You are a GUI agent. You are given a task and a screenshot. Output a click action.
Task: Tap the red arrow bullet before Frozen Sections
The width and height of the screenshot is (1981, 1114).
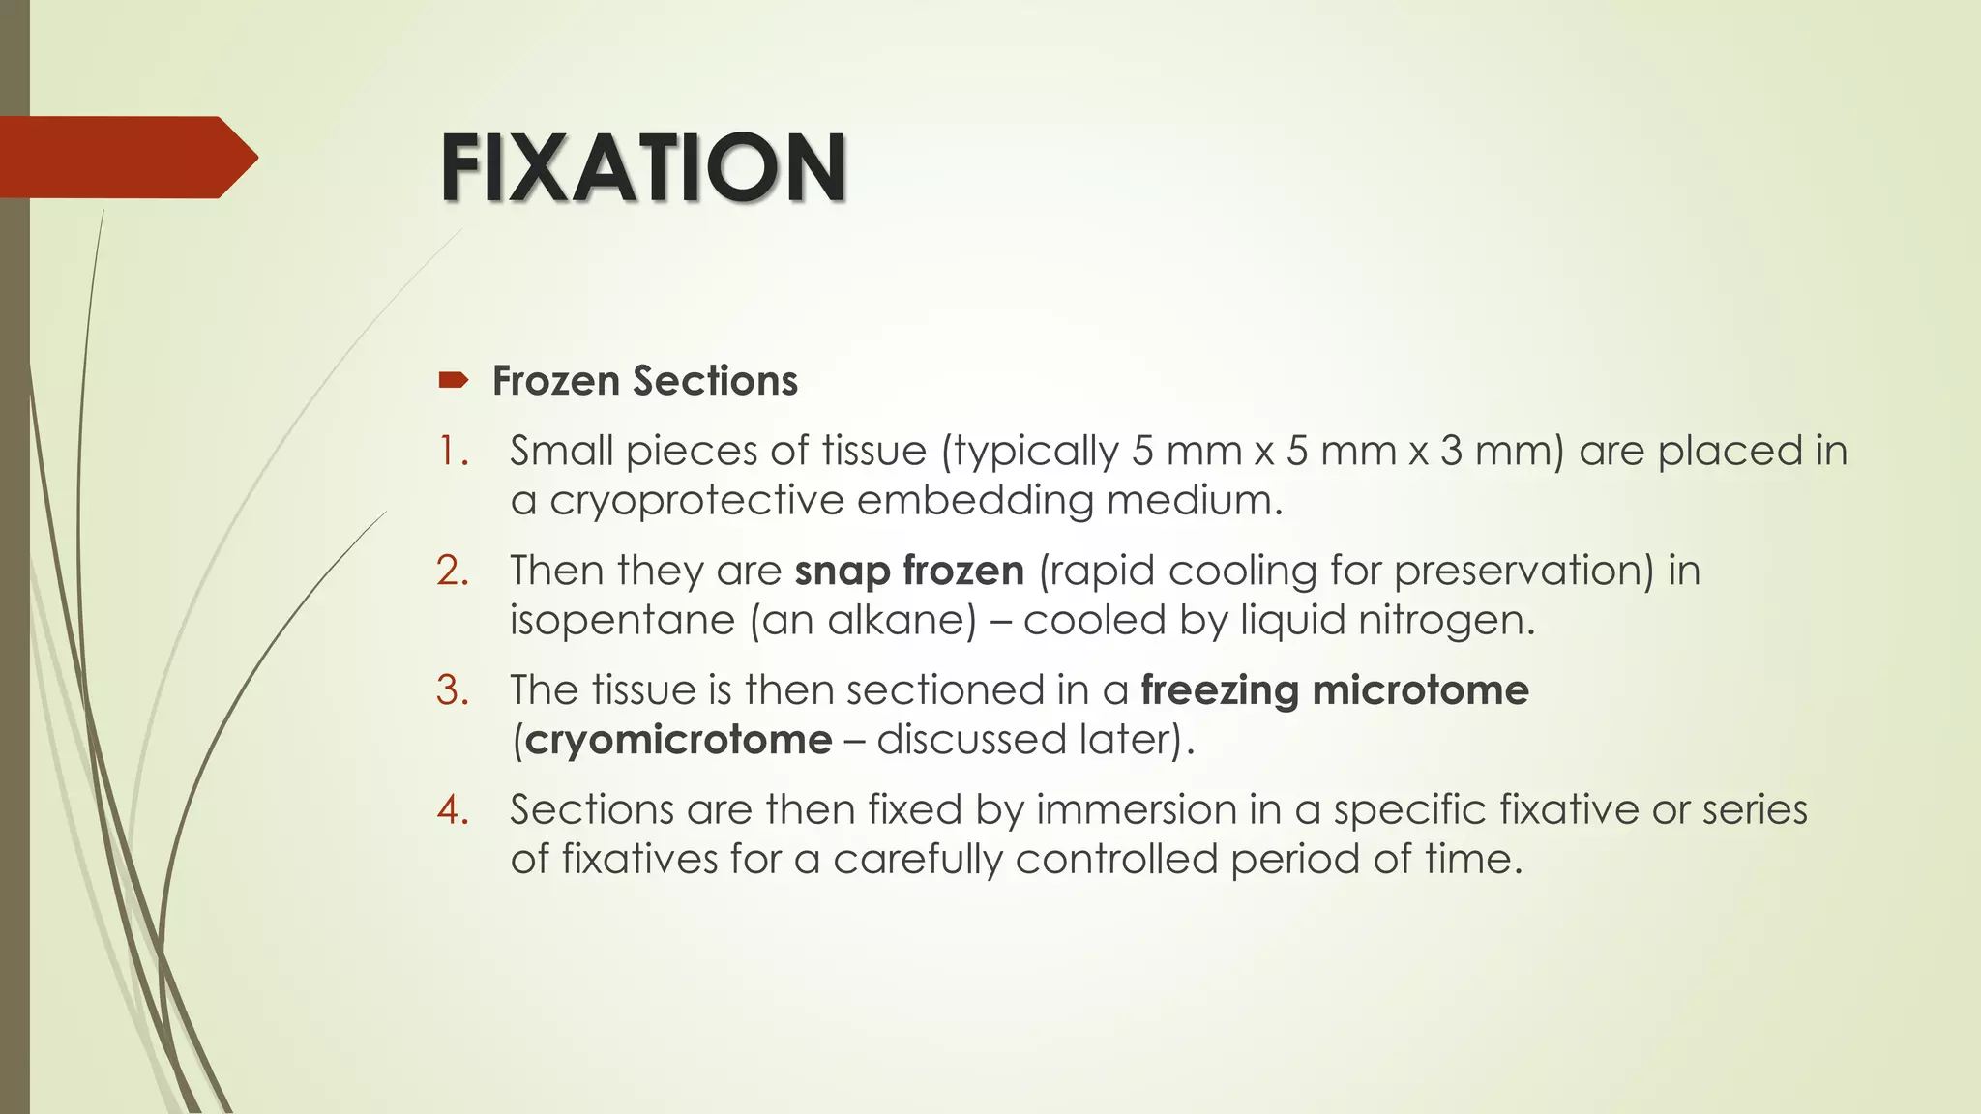453,380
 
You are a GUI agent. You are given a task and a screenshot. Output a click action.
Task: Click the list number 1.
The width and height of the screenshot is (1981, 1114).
453,452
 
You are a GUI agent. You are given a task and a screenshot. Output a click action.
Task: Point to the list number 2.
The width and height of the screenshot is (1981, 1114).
453,571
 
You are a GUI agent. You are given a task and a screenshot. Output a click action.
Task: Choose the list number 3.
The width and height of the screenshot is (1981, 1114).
453,690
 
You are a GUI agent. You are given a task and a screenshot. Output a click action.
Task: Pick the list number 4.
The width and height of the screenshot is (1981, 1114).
453,809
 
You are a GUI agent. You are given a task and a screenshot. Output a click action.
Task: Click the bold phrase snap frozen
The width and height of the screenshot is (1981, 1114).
909,571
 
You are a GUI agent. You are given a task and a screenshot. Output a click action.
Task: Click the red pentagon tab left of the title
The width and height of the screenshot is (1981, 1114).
126,157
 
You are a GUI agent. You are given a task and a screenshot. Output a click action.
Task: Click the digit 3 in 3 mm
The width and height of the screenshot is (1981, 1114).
1451,452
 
